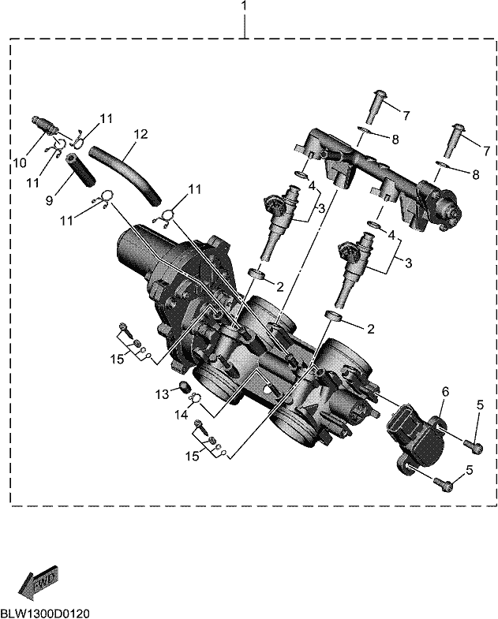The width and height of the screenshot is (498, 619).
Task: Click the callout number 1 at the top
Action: click(244, 6)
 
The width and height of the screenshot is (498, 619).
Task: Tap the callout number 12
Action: click(140, 134)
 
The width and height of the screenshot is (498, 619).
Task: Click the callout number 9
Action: click(49, 201)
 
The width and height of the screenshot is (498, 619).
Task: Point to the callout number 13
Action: click(162, 394)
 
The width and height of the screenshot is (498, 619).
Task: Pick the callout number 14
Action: click(182, 416)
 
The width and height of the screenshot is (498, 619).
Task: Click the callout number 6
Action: click(445, 392)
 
